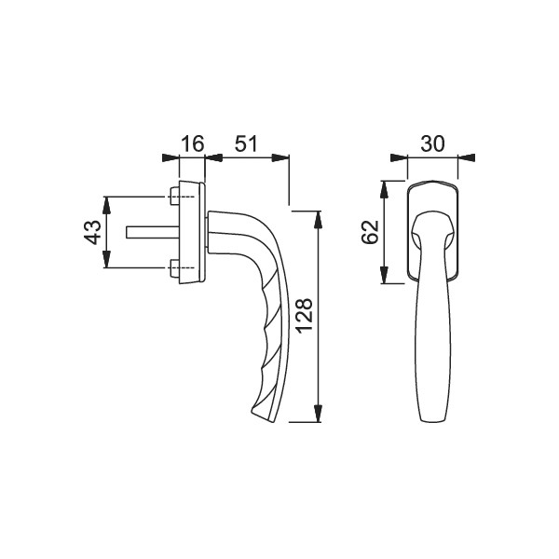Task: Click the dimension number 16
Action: click(x=193, y=143)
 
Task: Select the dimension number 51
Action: click(x=245, y=143)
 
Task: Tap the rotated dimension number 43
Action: click(x=92, y=232)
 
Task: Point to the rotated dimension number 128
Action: click(x=305, y=316)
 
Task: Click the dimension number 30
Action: click(x=433, y=143)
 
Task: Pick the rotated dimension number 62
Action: click(x=370, y=232)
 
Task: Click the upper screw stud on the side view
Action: click(x=175, y=196)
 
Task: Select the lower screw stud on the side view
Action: click(x=175, y=267)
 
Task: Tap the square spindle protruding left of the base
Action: click(x=153, y=232)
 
